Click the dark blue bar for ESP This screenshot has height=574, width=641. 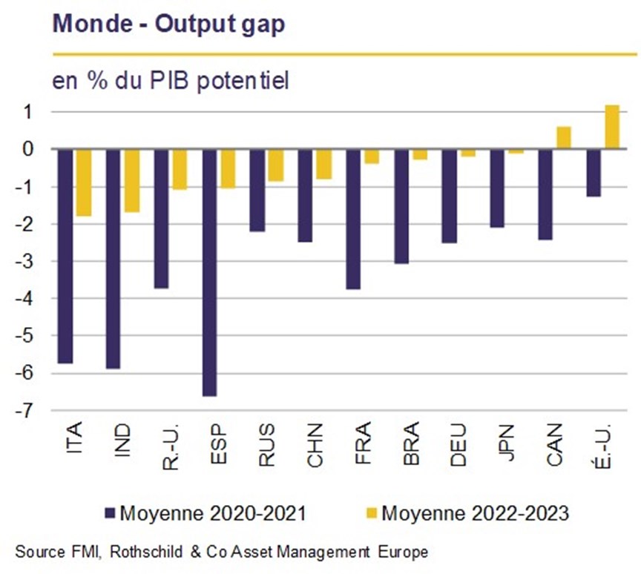[210, 272]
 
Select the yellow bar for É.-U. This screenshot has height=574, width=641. [612, 127]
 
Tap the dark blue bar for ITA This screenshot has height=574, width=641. [65, 256]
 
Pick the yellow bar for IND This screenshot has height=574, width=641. [132, 181]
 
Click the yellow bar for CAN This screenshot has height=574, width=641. [564, 138]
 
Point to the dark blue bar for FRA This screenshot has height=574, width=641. [353, 220]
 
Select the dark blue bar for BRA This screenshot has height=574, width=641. [401, 206]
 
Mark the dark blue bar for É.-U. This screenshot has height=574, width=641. [594, 173]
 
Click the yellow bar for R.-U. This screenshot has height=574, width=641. [180, 170]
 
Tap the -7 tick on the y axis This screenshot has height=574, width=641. [23, 411]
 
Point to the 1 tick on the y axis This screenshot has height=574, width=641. [27, 112]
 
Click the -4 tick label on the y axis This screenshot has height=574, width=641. [23, 298]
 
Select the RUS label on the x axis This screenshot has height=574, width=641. [266, 444]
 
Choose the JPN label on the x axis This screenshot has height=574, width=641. [507, 443]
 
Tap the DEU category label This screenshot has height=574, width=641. [458, 445]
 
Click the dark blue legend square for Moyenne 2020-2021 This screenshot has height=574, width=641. [111, 513]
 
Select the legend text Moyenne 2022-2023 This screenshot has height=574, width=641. [475, 512]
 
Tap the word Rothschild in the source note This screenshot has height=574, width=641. [146, 552]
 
